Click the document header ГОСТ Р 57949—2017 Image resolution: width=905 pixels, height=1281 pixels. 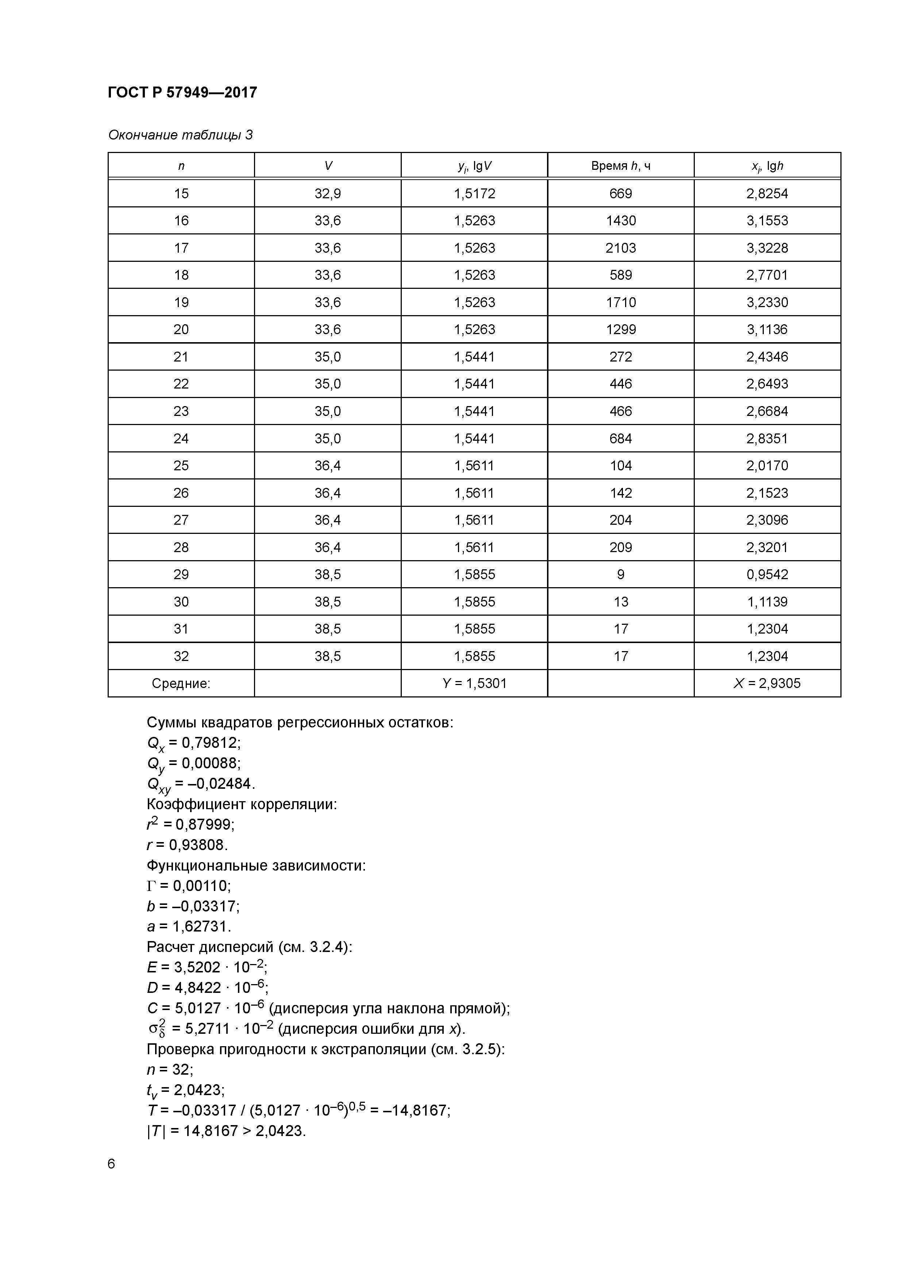coord(182,93)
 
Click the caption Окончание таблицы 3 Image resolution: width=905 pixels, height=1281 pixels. coord(180,135)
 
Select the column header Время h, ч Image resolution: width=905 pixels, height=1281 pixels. coord(621,166)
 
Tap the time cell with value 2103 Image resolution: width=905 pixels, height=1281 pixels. coord(621,248)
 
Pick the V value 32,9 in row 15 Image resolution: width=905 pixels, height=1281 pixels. coord(327,194)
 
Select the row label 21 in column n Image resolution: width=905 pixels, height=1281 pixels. coord(181,356)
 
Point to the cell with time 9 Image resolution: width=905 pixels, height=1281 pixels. coord(621,574)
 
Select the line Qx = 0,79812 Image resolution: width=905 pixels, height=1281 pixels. coord(193,743)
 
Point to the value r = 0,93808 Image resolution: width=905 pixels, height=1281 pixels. coord(187,845)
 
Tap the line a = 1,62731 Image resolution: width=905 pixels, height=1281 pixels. coord(188,927)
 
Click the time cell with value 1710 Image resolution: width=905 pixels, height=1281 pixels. coord(621,302)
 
